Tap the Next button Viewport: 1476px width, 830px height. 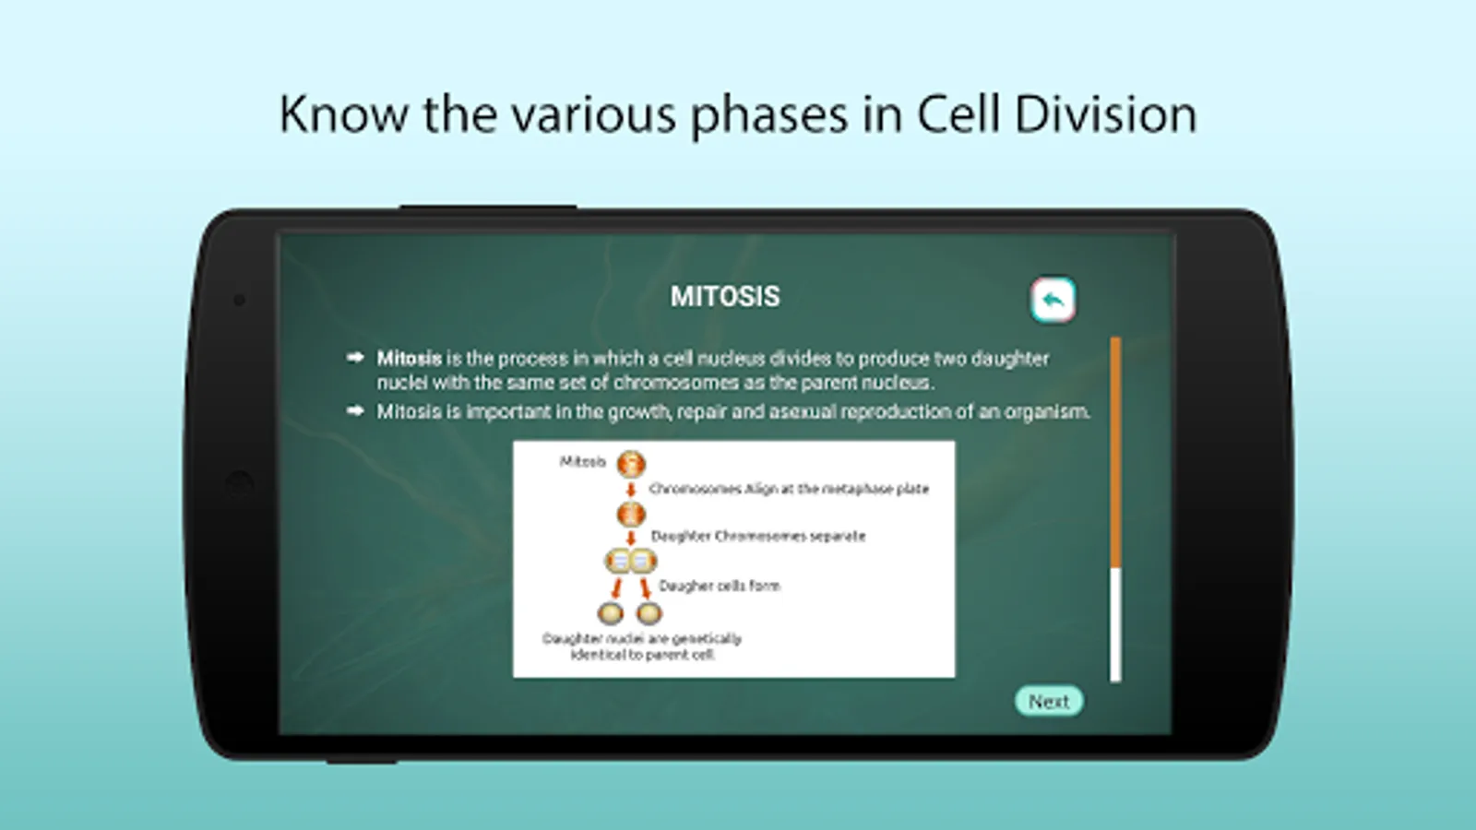tap(1048, 701)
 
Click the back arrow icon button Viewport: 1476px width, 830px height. tap(1053, 301)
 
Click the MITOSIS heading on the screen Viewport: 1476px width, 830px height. tap(725, 296)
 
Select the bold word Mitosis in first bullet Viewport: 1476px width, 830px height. tap(410, 359)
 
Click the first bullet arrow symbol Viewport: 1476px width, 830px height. tap(355, 357)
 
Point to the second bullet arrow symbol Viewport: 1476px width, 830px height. tap(355, 411)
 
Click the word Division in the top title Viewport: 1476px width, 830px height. tap(1105, 114)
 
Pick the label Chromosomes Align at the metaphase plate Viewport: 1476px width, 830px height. tap(789, 489)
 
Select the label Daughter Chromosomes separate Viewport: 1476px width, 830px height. tap(757, 536)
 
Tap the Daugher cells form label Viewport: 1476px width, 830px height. tap(720, 586)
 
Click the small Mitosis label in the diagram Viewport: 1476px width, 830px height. tap(582, 461)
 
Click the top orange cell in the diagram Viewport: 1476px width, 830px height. tap(631, 465)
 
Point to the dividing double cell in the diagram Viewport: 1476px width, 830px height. tap(631, 562)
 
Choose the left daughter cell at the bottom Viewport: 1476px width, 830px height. tap(610, 614)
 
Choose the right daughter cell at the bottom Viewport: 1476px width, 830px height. tap(649, 614)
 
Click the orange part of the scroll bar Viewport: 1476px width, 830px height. tap(1115, 452)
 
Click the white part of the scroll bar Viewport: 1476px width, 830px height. tap(1115, 624)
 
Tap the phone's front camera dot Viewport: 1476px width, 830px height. tap(239, 301)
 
